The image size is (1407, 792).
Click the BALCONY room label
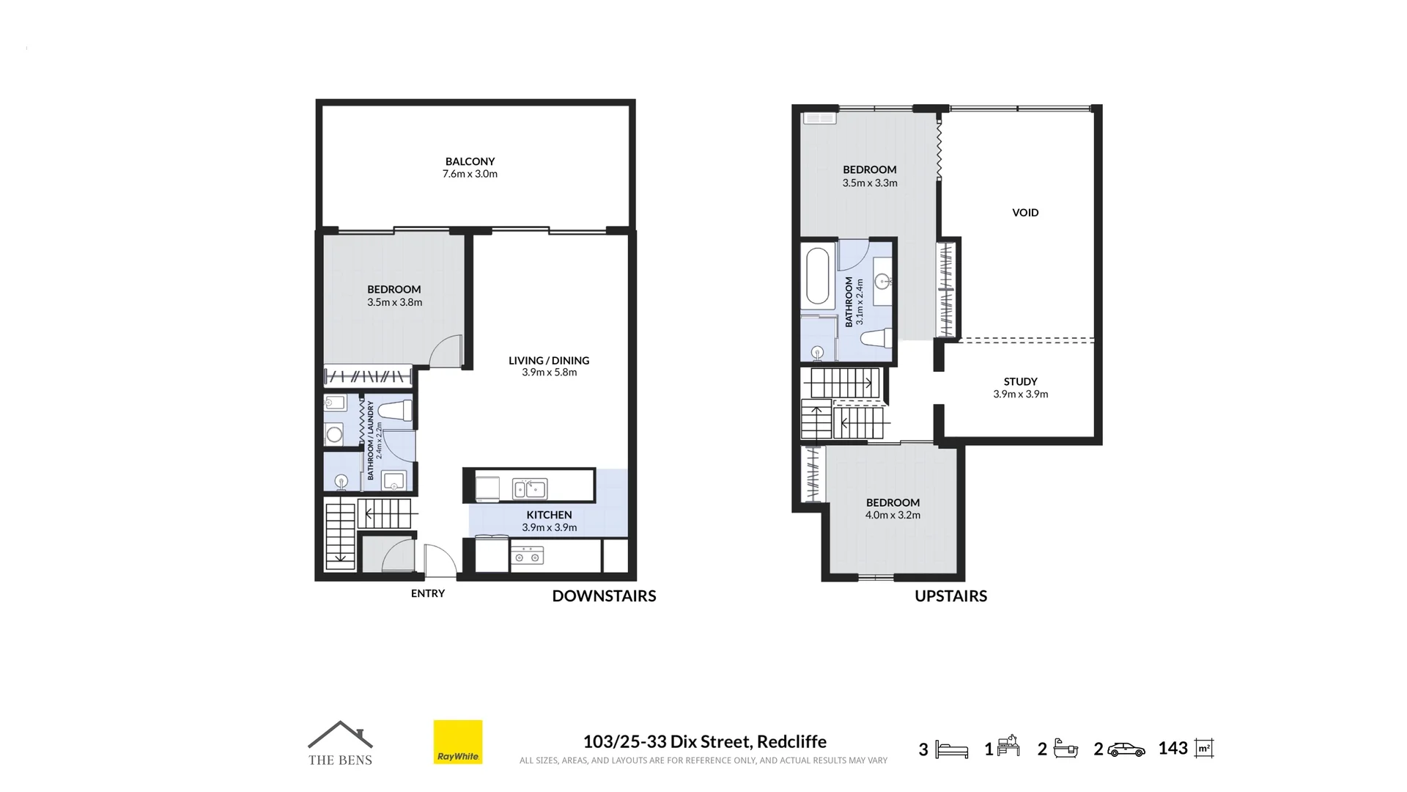pyautogui.click(x=470, y=161)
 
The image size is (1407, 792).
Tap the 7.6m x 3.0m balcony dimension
pyautogui.click(x=470, y=174)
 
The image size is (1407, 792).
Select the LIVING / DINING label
pyautogui.click(x=549, y=360)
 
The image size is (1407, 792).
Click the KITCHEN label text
pyautogui.click(x=549, y=515)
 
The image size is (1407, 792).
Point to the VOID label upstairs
pyautogui.click(x=1025, y=213)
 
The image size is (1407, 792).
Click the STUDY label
pyautogui.click(x=1020, y=381)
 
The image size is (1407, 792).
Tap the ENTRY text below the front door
pyautogui.click(x=428, y=593)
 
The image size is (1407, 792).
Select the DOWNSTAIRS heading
pyautogui.click(x=604, y=595)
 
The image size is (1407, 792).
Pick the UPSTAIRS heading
pyautogui.click(x=950, y=595)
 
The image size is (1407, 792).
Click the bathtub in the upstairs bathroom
pyautogui.click(x=818, y=276)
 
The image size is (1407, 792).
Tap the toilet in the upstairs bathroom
pyautogui.click(x=876, y=338)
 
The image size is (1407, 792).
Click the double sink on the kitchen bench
pyautogui.click(x=529, y=488)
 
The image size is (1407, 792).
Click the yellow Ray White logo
pyautogui.click(x=458, y=742)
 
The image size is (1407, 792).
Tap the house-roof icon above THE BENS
pyautogui.click(x=340, y=735)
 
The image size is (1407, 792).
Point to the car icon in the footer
pyautogui.click(x=1126, y=749)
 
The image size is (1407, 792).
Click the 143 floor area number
pyautogui.click(x=1173, y=748)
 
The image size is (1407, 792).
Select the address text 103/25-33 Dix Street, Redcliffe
pyautogui.click(x=705, y=741)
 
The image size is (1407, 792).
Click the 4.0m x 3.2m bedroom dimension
pyautogui.click(x=893, y=515)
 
